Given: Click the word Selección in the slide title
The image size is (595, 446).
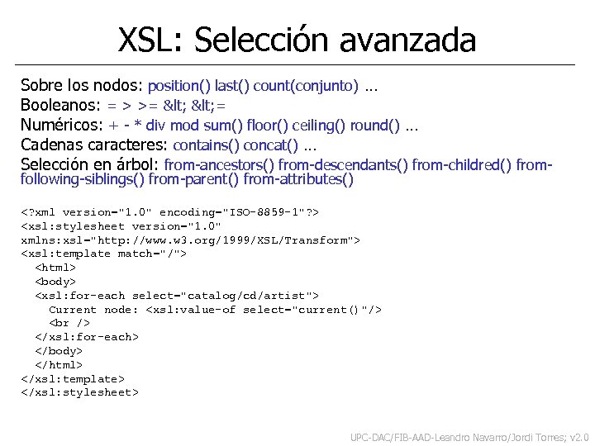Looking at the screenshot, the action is (263, 40).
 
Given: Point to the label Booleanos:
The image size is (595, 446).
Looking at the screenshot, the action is (61, 106).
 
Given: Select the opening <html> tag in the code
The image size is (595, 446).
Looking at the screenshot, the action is (55, 268).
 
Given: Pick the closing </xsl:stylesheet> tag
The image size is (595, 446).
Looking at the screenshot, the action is (79, 392).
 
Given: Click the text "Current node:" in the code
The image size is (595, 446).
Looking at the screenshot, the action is (93, 310).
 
